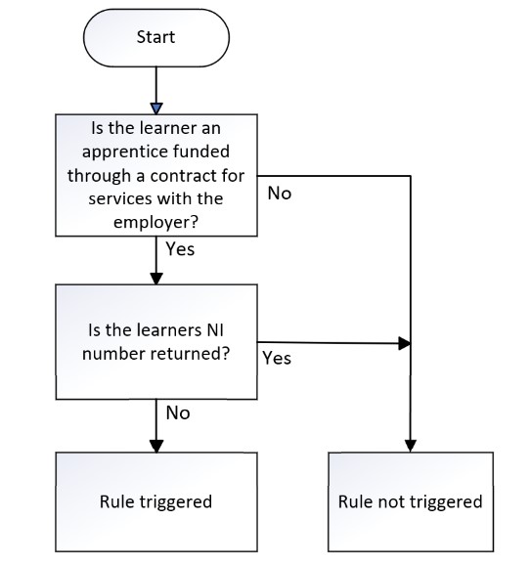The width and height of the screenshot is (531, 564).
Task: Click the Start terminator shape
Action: click(x=156, y=38)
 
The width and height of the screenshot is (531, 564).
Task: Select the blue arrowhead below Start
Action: click(x=156, y=108)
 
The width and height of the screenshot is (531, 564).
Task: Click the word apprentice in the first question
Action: click(x=123, y=152)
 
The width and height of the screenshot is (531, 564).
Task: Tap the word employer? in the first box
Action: click(x=155, y=222)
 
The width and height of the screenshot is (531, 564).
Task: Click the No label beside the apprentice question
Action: click(x=280, y=194)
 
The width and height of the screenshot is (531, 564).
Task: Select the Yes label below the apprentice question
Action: click(x=180, y=249)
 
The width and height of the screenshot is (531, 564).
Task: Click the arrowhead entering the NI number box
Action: click(x=156, y=279)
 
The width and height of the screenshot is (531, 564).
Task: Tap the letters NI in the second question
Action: click(x=215, y=330)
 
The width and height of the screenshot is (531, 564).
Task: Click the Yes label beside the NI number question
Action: click(x=277, y=358)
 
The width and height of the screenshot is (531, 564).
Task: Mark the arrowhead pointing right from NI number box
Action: click(x=405, y=343)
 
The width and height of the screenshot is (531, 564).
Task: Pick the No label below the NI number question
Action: click(x=178, y=412)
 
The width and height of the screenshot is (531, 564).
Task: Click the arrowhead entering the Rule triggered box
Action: click(x=156, y=447)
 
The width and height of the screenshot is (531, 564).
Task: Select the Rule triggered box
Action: click(x=156, y=501)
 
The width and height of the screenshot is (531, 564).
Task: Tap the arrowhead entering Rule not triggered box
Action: click(x=411, y=447)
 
